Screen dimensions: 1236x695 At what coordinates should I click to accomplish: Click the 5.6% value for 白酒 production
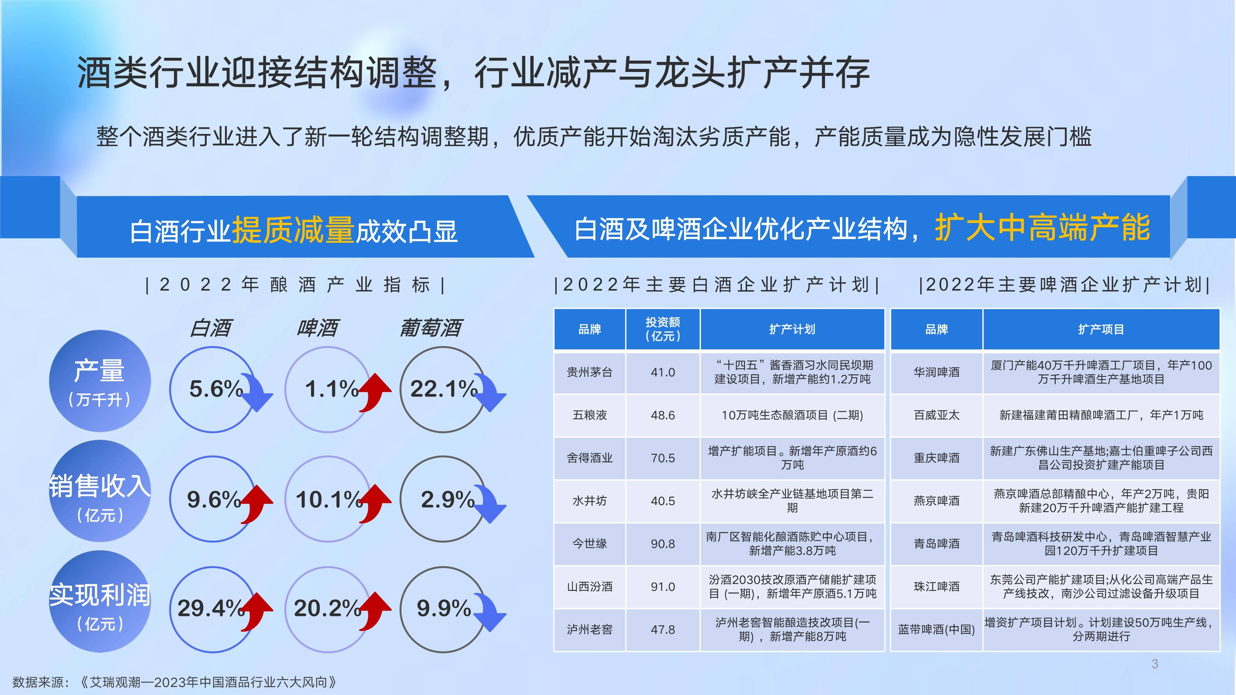pos(216,389)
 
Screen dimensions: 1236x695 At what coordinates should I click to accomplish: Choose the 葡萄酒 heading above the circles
pos(430,328)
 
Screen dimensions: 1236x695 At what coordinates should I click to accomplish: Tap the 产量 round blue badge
pos(100,381)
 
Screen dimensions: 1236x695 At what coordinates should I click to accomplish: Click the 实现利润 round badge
pos(100,601)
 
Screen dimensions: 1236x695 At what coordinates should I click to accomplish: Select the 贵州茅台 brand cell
pos(590,372)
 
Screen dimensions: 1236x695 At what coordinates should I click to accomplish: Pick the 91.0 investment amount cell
pos(662,587)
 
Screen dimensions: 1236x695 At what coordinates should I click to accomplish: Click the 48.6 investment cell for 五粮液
pos(662,415)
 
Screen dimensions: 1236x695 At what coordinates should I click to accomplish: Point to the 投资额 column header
pos(662,329)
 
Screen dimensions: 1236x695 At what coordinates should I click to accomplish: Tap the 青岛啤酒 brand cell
pos(936,543)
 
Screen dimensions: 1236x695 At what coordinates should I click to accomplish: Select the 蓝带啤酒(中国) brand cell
pos(936,629)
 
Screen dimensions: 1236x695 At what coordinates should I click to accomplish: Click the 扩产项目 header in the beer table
pos(1101,329)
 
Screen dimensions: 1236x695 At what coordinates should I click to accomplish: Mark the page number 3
pos(1155,664)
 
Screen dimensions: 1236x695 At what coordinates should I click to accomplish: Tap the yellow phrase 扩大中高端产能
pos(1042,227)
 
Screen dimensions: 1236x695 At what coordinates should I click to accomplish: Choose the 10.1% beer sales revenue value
pos(329,499)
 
